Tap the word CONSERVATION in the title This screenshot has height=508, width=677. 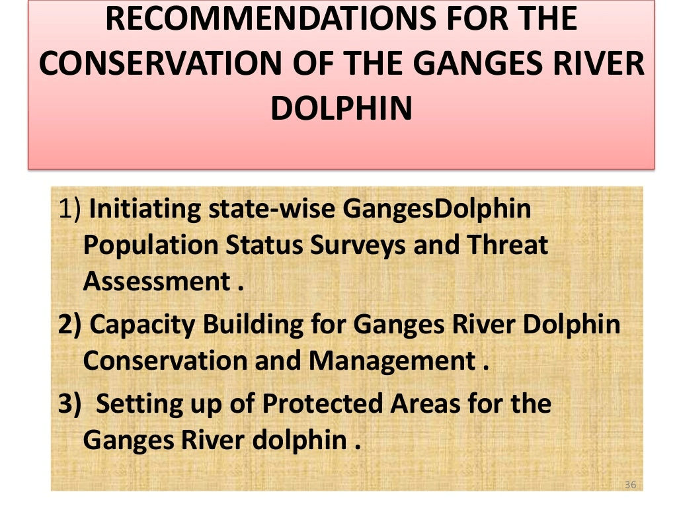click(160, 63)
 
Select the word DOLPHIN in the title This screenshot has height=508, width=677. click(342, 108)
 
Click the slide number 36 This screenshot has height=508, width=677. click(630, 484)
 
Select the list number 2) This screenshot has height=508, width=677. click(69, 324)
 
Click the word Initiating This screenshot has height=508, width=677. click(145, 209)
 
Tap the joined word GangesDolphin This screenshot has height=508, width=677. click(437, 209)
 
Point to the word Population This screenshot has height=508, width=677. click(151, 246)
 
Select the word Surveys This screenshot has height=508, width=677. click(358, 246)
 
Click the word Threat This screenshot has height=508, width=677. click(507, 245)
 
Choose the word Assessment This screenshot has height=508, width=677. click(157, 282)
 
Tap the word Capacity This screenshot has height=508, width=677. click(143, 325)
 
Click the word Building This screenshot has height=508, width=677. click(253, 325)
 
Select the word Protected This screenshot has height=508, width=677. click(322, 403)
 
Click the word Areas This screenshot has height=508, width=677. click(425, 403)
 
